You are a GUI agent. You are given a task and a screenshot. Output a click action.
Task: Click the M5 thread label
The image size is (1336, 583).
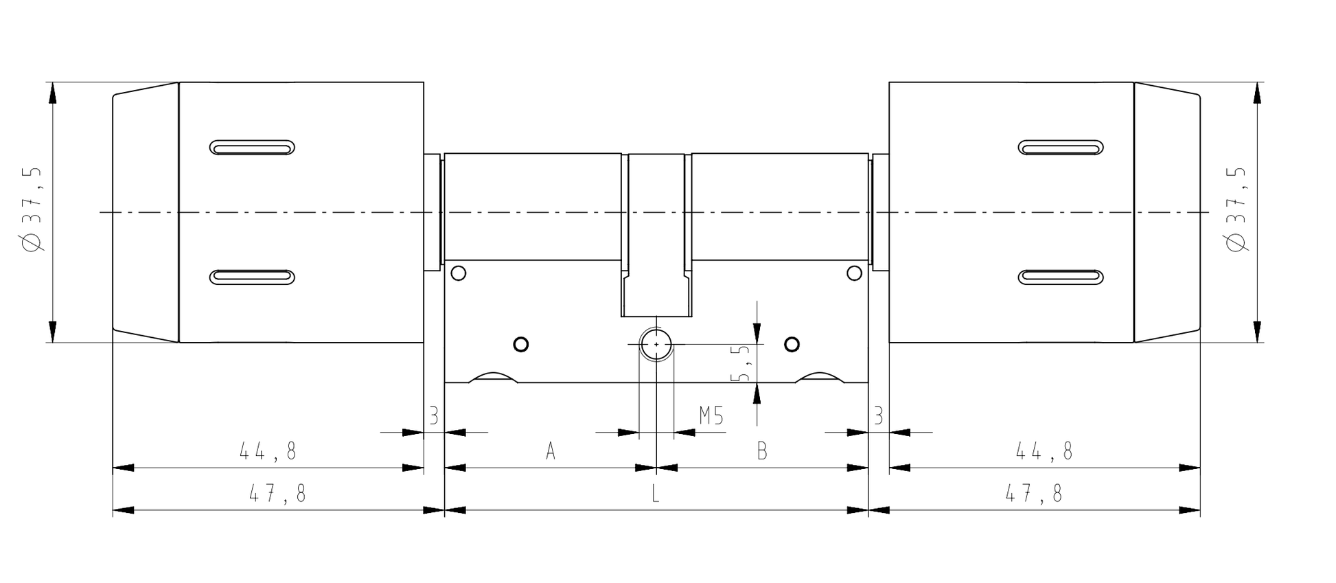point(711,416)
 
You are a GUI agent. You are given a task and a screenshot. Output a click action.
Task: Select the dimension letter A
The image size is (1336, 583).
point(550,451)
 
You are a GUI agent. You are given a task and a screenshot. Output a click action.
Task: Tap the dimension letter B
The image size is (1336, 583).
point(761,451)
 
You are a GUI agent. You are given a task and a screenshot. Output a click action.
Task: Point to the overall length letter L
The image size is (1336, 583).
point(656,493)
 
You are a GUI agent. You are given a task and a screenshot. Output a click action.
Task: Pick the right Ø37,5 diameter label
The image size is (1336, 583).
point(1236,209)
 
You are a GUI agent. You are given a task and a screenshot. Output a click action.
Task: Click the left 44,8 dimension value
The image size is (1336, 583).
point(268,451)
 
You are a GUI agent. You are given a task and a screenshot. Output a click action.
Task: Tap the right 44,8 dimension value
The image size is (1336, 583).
point(1044,451)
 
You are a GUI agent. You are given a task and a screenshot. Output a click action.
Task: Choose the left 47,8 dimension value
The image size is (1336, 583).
point(277,493)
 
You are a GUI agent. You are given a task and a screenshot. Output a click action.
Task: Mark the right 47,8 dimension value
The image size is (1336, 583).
point(1034,493)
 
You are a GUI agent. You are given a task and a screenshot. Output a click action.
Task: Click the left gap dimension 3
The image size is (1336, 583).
point(433,415)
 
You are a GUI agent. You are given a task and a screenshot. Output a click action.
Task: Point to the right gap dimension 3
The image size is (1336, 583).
point(878,415)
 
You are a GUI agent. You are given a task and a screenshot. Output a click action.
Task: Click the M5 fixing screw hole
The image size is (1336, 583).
point(656,344)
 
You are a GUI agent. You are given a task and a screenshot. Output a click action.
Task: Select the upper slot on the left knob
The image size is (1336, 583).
point(252,148)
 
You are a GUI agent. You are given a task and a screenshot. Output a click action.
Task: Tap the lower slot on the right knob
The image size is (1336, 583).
point(1061,277)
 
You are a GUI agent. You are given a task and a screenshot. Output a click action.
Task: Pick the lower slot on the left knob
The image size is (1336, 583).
point(252,277)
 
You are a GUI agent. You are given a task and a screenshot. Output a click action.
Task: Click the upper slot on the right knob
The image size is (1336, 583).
point(1061,148)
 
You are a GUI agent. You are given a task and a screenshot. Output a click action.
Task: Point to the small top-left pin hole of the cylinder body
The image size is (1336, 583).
point(459,273)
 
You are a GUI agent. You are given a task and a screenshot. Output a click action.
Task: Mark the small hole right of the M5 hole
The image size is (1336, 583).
point(792,344)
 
